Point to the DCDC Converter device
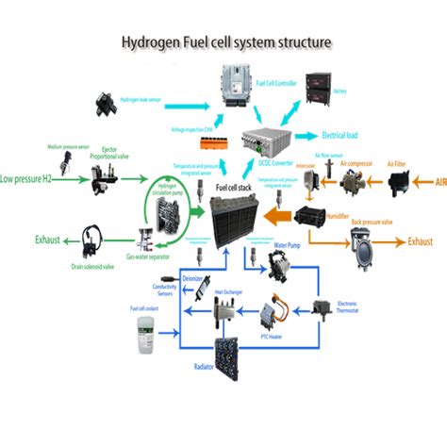(268, 141)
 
